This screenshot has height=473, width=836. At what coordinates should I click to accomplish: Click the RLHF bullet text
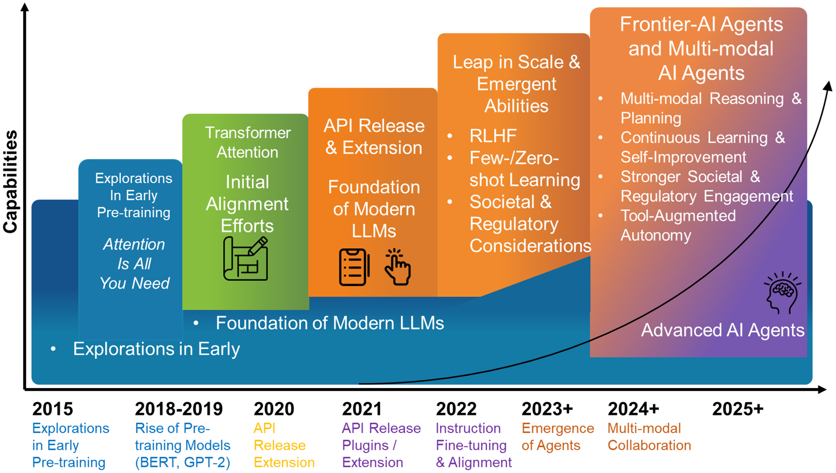[493, 136]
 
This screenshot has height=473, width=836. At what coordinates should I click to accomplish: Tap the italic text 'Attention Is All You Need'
[134, 263]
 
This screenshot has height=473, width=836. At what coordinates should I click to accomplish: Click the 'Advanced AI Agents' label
[722, 330]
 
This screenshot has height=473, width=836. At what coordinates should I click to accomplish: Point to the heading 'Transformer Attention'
[248, 142]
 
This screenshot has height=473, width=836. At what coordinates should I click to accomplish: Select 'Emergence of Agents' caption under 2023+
[557, 437]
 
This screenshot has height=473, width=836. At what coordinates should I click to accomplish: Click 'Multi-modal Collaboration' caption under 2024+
[649, 437]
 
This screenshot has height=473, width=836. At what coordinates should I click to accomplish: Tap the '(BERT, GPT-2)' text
[183, 462]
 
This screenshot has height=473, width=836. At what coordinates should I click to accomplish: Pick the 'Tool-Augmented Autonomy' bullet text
[678, 225]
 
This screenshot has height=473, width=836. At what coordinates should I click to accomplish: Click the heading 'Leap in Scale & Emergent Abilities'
[516, 84]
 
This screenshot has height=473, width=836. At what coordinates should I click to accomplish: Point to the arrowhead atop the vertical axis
[25, 7]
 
